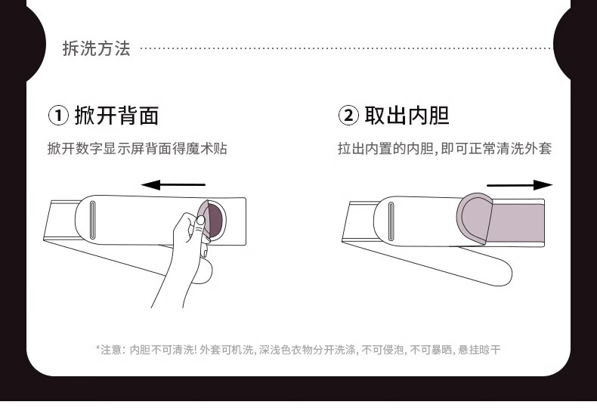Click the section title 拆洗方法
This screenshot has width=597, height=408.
point(96,48)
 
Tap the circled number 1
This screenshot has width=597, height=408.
point(58,116)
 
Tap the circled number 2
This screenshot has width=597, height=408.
point(348,116)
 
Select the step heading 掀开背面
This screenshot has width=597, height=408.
point(116,116)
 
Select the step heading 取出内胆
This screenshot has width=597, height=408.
point(407,116)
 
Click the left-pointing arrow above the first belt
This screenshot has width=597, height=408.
point(173,185)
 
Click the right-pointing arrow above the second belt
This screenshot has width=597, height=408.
point(520,185)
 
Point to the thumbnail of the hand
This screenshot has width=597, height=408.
point(201,221)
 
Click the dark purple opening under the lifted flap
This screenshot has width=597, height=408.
point(215,220)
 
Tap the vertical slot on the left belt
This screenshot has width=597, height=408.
point(92,221)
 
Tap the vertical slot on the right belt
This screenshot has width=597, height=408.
point(391,221)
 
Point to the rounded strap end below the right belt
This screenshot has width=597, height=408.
point(502,272)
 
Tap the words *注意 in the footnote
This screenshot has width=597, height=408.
point(109,349)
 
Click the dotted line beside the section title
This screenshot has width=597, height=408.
point(345,48)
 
